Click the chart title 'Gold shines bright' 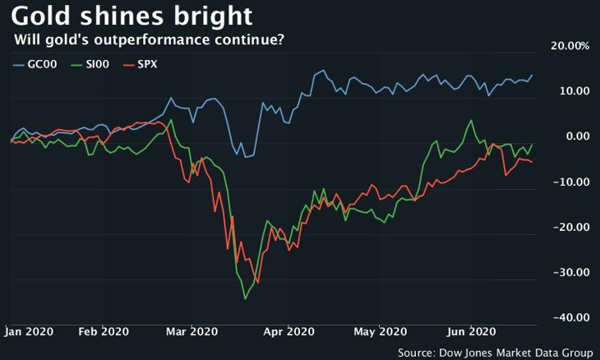pos(132,17)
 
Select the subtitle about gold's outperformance pos(148,40)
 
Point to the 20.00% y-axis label pos(569,46)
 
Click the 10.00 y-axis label pos(572,91)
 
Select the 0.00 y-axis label pos(576,136)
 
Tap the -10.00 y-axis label pos(571,182)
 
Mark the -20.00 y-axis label pos(571,227)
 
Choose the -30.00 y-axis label pos(571,272)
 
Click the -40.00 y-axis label pos(571,317)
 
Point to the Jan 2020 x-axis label pos(30,331)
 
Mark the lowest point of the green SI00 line pos(245,299)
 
